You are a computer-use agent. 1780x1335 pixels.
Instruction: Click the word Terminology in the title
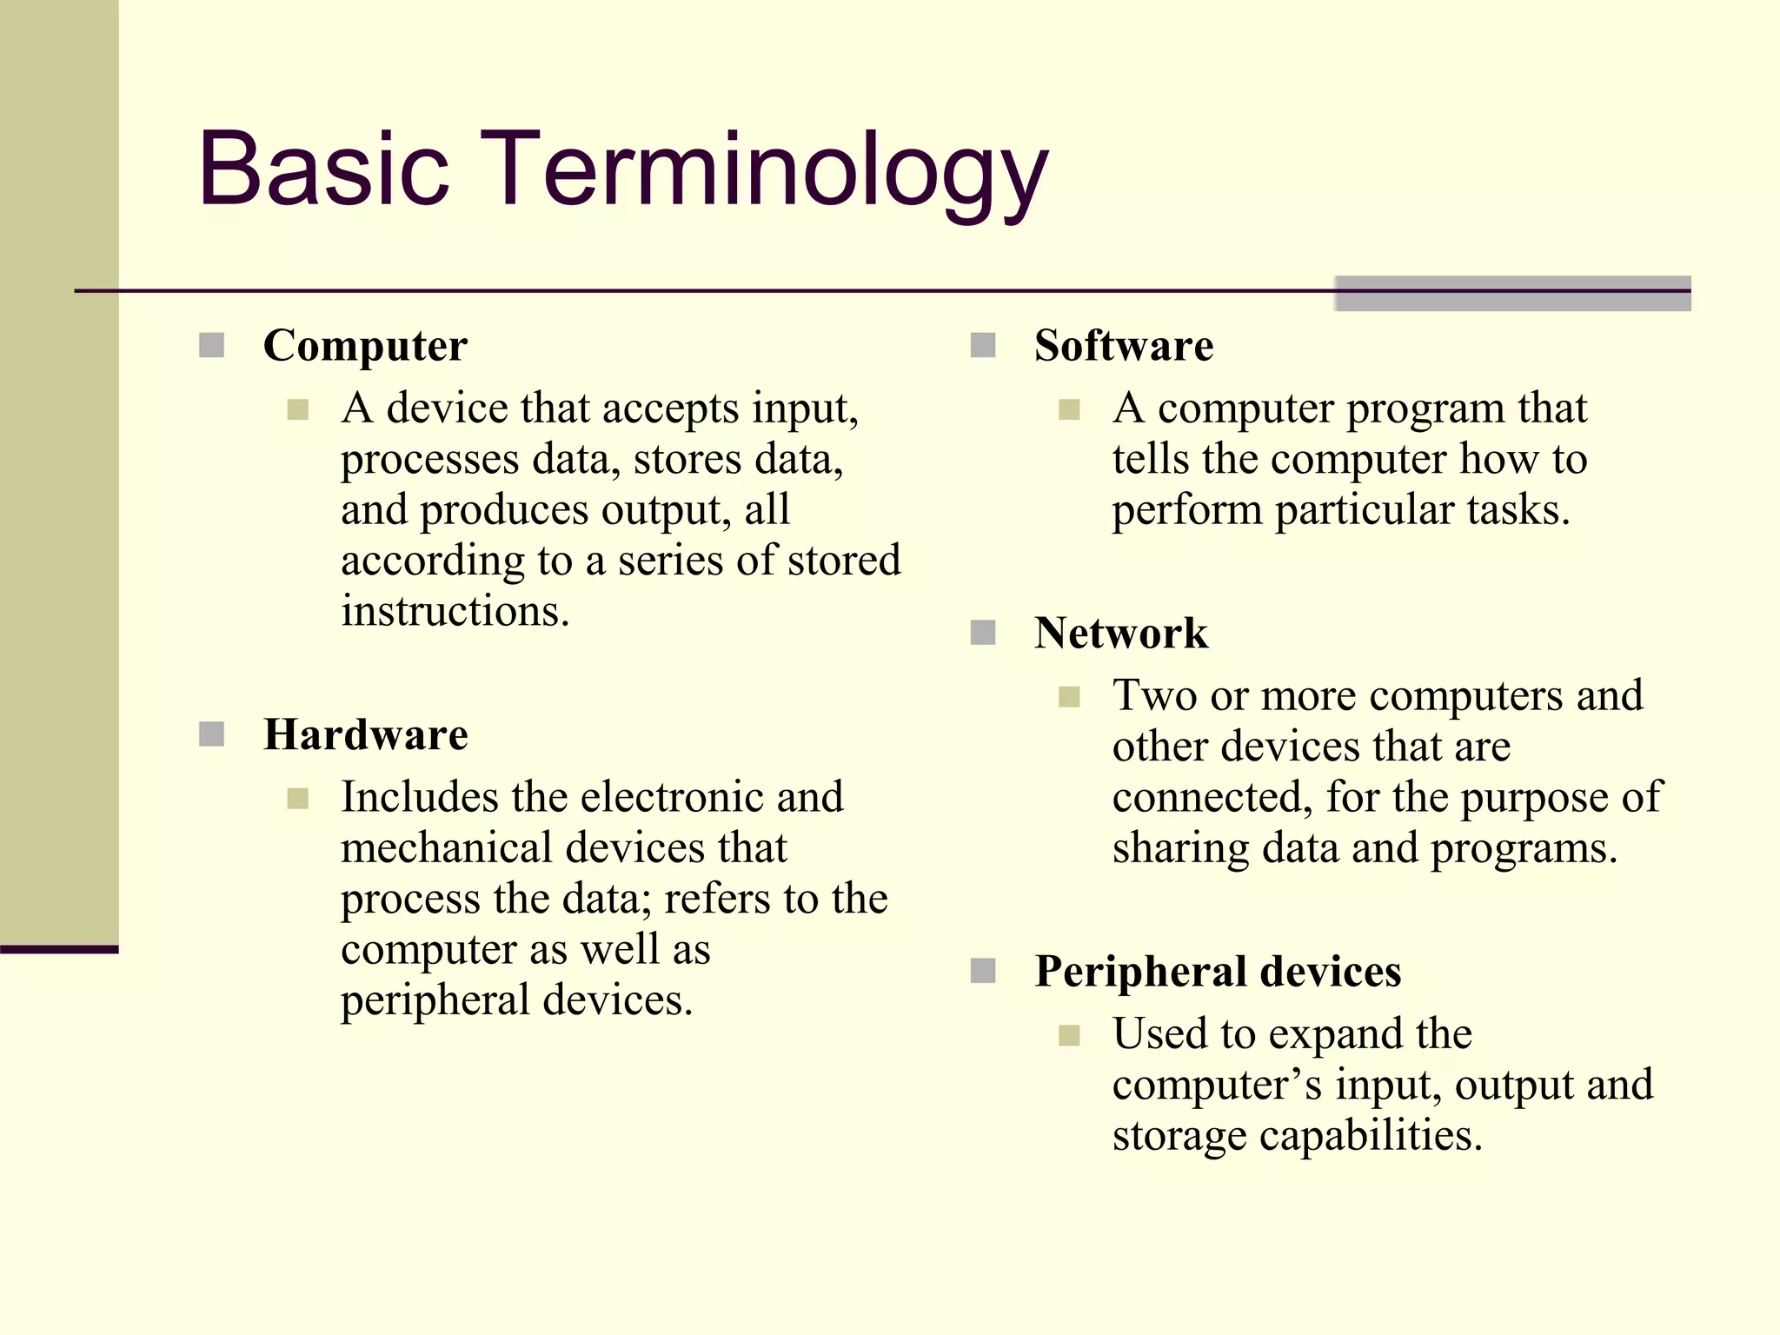[773, 170]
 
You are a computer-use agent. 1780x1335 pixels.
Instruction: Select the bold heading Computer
[365, 346]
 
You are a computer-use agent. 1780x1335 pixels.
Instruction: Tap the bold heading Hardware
[365, 735]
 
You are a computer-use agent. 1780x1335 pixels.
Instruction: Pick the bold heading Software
[1123, 346]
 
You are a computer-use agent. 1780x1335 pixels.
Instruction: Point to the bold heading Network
[1120, 633]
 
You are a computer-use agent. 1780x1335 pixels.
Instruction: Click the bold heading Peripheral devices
[1218, 972]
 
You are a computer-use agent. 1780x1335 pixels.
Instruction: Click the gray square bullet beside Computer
[212, 346]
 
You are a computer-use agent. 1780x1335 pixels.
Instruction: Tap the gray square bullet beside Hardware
[212, 735]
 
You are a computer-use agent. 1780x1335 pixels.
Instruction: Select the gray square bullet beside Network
[983, 633]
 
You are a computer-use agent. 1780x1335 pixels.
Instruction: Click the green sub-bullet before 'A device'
[298, 409]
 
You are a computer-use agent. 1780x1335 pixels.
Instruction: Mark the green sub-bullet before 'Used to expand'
[1069, 1035]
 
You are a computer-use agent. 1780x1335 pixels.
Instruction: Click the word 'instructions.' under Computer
[455, 611]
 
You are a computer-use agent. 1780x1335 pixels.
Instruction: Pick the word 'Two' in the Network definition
[1154, 696]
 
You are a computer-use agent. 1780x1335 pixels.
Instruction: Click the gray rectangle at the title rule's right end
[1512, 293]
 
